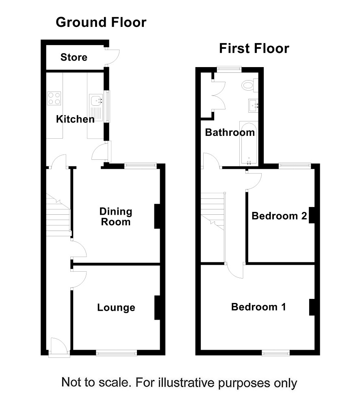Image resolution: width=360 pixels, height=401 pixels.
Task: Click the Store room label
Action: pos(74,57)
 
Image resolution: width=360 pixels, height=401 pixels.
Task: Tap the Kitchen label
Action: pos(75,119)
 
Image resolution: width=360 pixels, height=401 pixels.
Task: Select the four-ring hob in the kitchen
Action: pos(54,98)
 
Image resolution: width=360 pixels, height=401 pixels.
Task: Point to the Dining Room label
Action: pos(116,217)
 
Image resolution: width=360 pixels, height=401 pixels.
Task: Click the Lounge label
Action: pos(116,307)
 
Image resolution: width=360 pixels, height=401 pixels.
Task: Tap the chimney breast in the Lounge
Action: pos(157,307)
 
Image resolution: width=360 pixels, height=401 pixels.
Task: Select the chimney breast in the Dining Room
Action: pos(157,216)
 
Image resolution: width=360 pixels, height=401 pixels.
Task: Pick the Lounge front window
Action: pos(117,353)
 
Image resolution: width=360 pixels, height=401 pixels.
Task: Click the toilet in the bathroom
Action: pos(249,85)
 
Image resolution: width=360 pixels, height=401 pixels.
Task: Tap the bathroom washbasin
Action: pos(253,106)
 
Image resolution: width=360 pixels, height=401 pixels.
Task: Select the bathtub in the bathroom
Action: pos(249,143)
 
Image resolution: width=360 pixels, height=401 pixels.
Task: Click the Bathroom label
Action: pos(230,133)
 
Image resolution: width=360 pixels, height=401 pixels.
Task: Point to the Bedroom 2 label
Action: pos(279,216)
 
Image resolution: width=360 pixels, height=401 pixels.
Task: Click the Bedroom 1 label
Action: pos(258,307)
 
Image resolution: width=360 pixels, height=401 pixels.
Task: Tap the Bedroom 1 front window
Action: pos(275,353)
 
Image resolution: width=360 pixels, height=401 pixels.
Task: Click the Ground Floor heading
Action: pos(101,22)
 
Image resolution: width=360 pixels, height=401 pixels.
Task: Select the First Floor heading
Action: pos(254,48)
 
